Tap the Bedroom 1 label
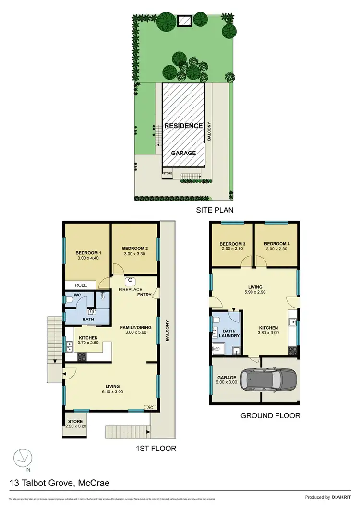(x=88, y=253)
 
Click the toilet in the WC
(x=71, y=300)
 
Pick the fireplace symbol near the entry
(x=129, y=282)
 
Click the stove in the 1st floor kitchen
(x=82, y=356)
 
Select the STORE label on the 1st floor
(x=75, y=422)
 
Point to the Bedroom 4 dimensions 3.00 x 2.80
(x=276, y=249)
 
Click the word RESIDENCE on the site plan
(x=183, y=126)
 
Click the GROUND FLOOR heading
(x=271, y=416)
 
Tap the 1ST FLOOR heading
(x=156, y=449)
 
